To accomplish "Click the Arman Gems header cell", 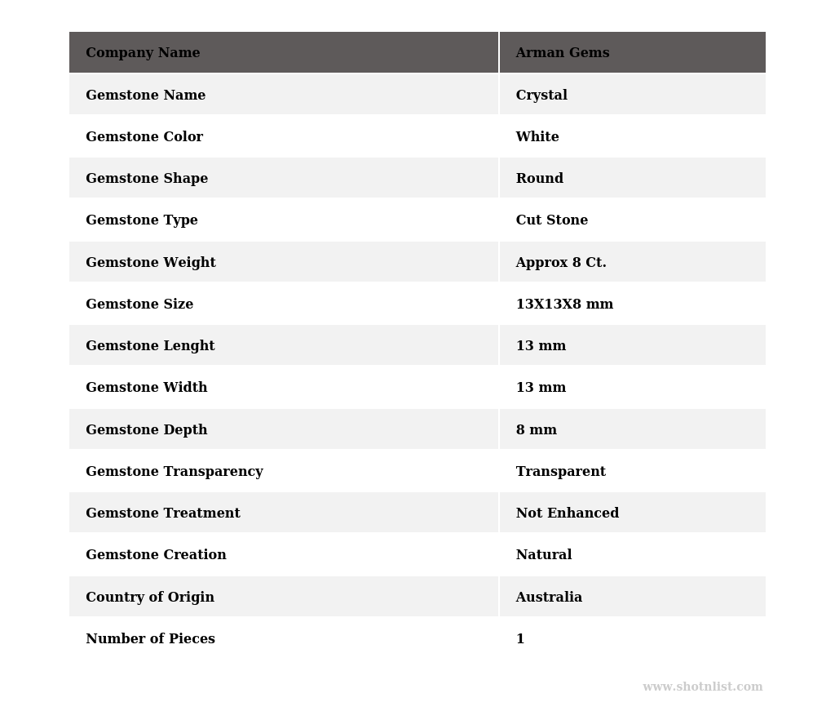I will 563,53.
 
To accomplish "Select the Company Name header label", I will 143,53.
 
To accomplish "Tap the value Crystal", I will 541,96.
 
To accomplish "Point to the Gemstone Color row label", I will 144,137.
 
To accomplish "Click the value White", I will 537,137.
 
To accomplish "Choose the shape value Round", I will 540,179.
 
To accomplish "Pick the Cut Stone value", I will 552,220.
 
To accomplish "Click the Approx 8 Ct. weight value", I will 561,263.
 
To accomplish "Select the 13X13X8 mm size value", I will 564,304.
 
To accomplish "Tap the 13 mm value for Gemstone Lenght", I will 541,346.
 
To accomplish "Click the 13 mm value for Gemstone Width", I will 541,388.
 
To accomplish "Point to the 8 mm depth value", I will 537,430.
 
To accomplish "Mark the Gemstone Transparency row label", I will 175,472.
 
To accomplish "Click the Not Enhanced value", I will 568,513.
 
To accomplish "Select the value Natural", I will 544,555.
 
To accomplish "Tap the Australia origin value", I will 549,598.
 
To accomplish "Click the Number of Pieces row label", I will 150,639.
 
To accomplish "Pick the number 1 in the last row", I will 520,639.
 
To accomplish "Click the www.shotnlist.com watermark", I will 703,687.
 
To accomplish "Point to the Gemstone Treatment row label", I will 163,513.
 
